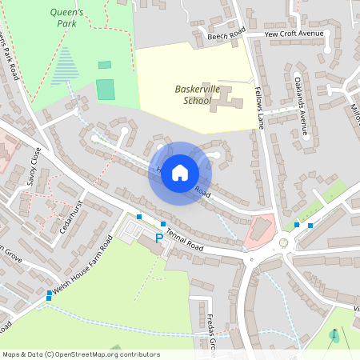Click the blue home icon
click(180, 173)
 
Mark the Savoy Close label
click(33, 167)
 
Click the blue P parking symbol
click(158, 238)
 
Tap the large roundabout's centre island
click(283, 242)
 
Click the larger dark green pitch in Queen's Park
click(106, 89)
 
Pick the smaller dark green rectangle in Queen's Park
click(105, 65)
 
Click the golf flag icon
click(334, 335)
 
